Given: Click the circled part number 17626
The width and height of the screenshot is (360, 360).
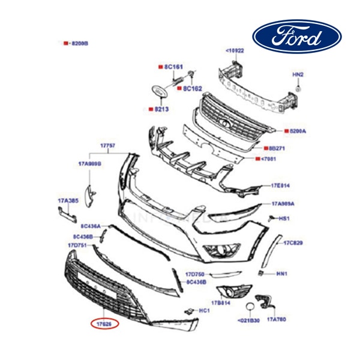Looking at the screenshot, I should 105,323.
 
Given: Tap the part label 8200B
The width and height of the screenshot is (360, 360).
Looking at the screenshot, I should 79,44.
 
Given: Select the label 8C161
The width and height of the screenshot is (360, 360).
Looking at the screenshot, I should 172,66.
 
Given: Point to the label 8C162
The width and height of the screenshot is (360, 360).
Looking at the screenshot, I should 192,88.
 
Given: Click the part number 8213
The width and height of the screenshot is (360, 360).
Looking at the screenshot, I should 160,109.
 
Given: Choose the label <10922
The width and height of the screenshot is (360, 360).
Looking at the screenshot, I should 235,51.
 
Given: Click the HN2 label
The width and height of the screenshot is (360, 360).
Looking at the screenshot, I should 298,74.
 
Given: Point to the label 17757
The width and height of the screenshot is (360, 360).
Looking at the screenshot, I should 107,146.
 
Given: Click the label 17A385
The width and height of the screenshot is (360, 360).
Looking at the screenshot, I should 67,200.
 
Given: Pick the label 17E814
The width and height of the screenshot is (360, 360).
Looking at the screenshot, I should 280,185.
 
